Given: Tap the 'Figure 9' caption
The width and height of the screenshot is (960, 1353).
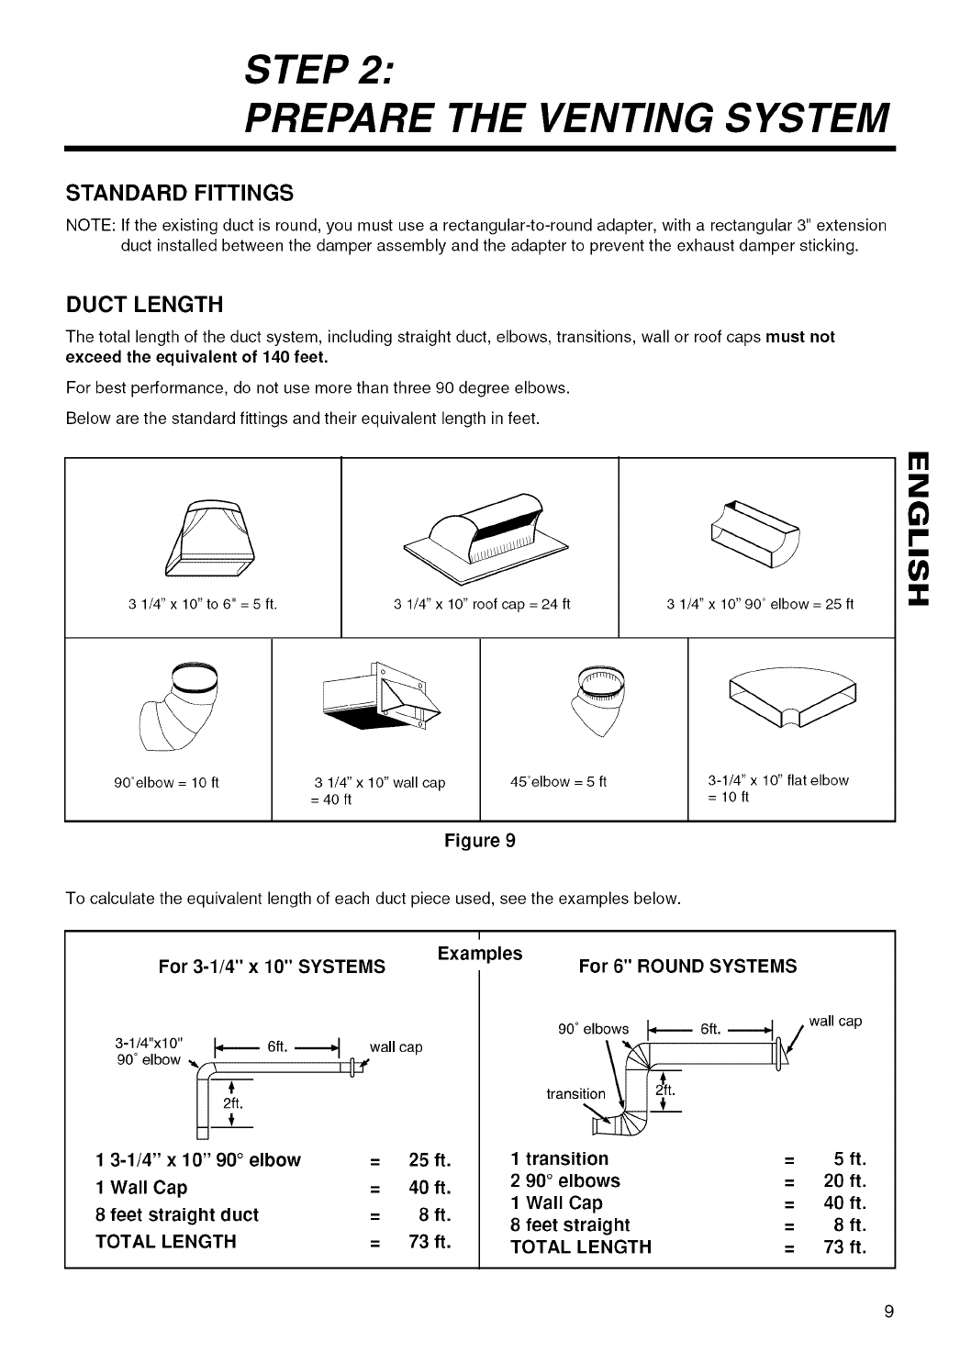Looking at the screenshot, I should tap(480, 840).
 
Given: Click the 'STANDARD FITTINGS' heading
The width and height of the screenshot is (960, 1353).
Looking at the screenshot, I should tap(179, 194).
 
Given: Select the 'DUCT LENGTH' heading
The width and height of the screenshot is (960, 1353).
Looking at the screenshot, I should tap(144, 304).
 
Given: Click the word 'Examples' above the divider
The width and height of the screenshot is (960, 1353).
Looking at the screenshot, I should tap(480, 953).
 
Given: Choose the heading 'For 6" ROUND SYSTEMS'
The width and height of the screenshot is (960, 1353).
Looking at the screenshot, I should tap(687, 966).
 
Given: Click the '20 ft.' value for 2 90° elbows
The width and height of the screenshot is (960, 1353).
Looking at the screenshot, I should tap(845, 1180).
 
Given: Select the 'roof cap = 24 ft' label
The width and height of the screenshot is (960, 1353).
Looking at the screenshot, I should tap(520, 604).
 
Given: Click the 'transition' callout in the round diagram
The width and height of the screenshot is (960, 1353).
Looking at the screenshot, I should tap(575, 1093).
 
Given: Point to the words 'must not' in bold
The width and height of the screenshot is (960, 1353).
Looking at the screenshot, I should tap(800, 337).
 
